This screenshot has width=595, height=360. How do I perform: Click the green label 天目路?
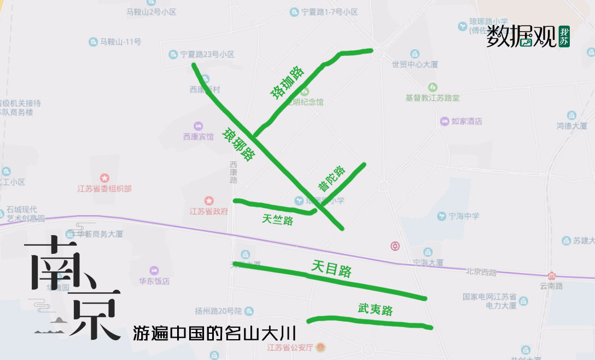(x=331, y=268)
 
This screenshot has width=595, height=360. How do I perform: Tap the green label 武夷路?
(x=375, y=310)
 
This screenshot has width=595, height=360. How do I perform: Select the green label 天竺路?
(x=277, y=219)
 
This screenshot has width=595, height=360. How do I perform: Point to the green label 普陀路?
(x=331, y=178)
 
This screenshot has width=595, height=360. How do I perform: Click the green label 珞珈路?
(x=287, y=82)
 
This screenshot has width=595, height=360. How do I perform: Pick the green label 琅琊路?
(x=238, y=144)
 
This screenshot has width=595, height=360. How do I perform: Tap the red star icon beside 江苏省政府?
(x=208, y=201)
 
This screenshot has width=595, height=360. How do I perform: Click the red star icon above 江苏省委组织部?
(x=104, y=178)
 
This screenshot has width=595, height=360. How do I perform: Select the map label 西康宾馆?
(x=199, y=137)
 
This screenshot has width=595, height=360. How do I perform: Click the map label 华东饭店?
(x=154, y=281)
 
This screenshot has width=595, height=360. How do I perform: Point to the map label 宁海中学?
(x=464, y=216)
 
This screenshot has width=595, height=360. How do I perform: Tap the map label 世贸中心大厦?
(x=415, y=64)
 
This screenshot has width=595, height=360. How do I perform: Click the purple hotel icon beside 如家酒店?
(x=445, y=121)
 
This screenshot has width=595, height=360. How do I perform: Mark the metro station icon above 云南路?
(x=551, y=276)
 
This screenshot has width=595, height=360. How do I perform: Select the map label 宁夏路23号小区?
(x=207, y=54)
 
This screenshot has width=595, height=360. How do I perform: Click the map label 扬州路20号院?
(x=218, y=311)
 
